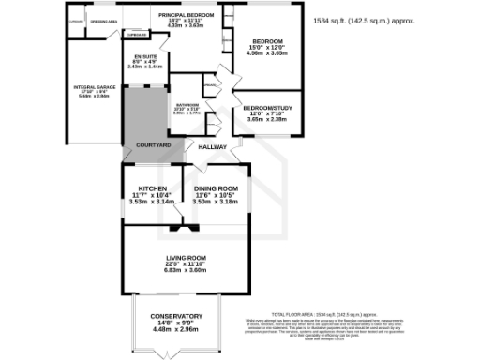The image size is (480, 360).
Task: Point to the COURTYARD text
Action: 153,146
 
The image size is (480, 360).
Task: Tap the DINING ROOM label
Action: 216,188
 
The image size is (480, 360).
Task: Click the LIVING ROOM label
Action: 191,258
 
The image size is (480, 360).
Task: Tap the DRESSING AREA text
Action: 103,18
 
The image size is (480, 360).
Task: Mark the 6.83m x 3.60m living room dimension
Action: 191,270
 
